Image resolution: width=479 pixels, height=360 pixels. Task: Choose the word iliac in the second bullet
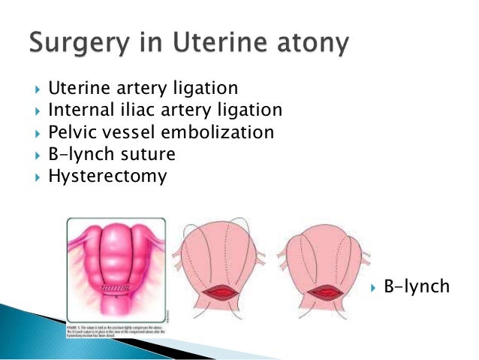tap(137, 111)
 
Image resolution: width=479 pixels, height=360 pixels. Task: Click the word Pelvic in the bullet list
tap(72, 134)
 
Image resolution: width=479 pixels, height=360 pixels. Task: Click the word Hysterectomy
tap(107, 178)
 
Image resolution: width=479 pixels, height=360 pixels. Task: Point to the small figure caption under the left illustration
tap(113, 328)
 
